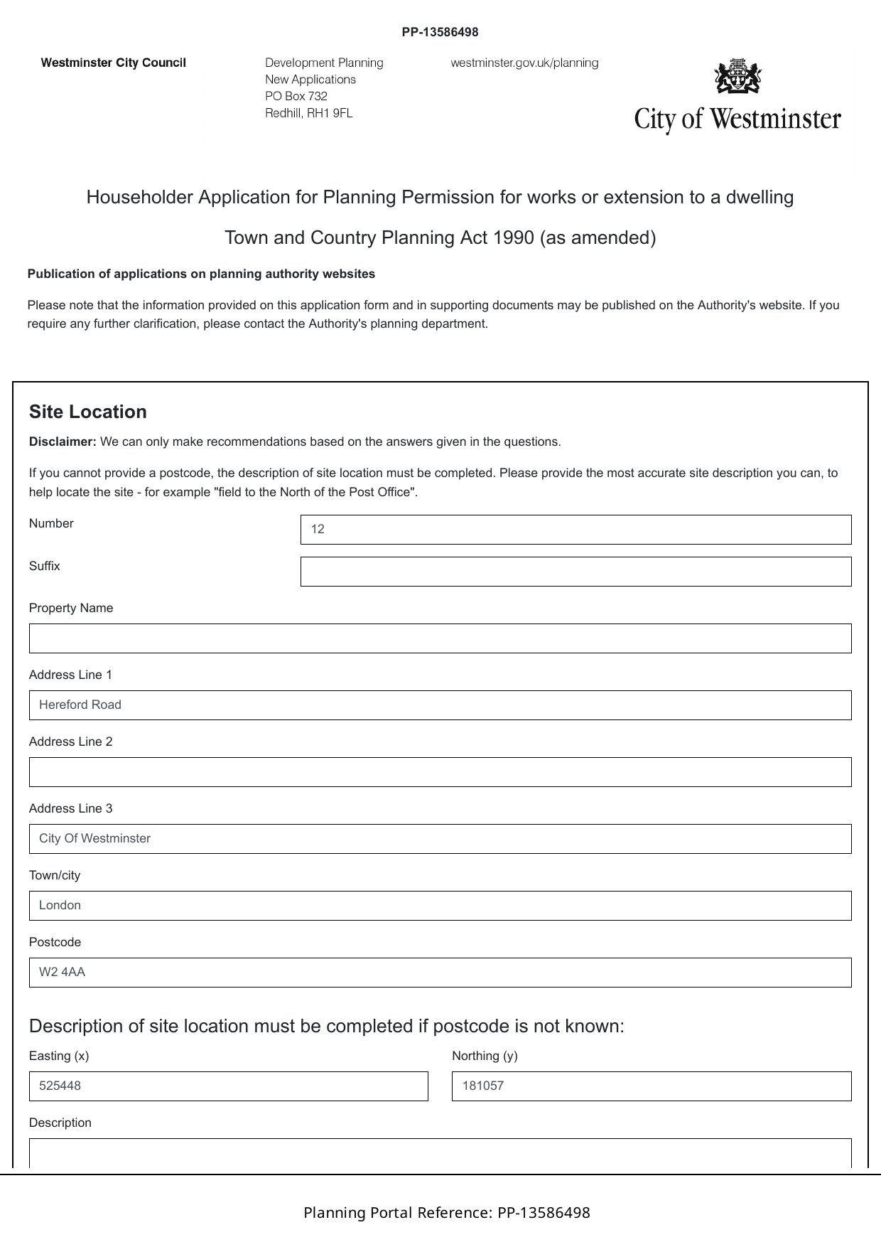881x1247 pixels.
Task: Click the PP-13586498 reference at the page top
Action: pos(440,32)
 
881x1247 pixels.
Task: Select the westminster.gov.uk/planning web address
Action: pos(524,63)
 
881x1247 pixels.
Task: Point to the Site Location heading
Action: pos(88,412)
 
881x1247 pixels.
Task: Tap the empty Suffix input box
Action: pos(575,572)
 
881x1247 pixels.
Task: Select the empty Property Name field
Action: pos(440,638)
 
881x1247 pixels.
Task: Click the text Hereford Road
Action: pos(80,705)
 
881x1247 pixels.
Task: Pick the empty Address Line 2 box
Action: pos(440,772)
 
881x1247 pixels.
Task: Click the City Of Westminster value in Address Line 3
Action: pos(94,839)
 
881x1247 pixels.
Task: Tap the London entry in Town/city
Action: pos(60,906)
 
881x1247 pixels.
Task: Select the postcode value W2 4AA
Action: pos(62,973)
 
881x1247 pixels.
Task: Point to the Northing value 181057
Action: pos(483,1086)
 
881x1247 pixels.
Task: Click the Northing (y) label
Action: pos(485,1056)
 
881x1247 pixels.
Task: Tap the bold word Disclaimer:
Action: pos(63,442)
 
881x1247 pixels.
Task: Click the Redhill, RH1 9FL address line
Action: pos(308,113)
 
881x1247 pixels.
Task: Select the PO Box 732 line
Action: pos(296,96)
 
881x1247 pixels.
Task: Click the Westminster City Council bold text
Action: pos(114,63)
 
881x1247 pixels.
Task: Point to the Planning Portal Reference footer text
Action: pos(446,1213)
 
